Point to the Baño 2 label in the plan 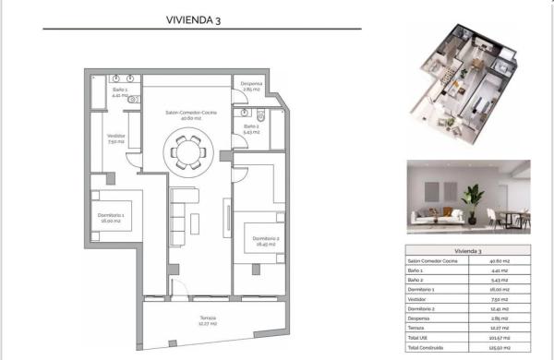pos(251,129)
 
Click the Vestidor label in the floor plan pos(115,138)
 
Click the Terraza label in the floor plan pos(208,320)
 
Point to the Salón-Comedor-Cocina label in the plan pos(185,115)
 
